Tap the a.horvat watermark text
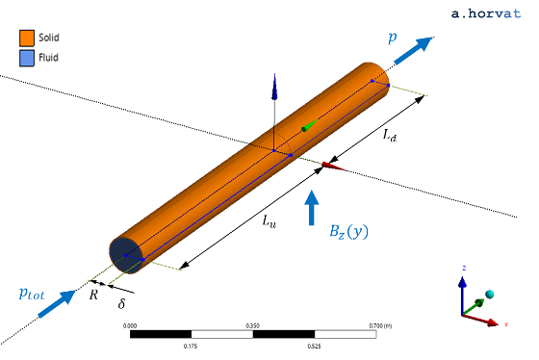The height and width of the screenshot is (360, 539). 488,13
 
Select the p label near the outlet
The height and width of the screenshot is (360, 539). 392,38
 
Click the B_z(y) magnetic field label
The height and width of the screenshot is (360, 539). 346,231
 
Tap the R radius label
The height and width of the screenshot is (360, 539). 93,296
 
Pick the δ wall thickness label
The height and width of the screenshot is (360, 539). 121,305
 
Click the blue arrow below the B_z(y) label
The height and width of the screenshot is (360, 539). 312,208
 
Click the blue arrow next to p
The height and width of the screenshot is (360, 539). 415,48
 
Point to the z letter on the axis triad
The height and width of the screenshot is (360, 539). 464,268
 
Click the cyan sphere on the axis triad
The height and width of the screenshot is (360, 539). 490,294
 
